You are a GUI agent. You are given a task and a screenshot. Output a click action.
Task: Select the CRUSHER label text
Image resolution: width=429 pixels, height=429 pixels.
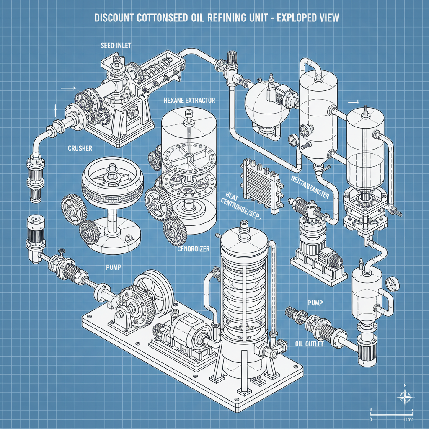(80, 148)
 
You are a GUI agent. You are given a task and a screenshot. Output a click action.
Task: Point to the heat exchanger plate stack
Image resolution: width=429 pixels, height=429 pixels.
(260, 183)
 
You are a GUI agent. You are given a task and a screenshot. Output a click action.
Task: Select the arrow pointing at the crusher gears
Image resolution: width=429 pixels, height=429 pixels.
(68, 88)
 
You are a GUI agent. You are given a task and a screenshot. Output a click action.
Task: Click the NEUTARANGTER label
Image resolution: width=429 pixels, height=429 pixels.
(310, 184)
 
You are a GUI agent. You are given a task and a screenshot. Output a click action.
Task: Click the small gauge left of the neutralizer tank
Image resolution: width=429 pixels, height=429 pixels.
(291, 139)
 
